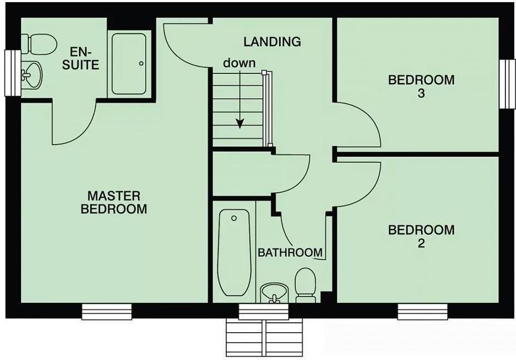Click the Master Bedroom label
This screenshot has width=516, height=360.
114,202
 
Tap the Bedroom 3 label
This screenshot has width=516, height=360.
421,86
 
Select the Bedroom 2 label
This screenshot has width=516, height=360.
421,236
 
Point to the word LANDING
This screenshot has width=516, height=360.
272,42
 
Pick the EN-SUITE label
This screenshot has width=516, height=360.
85,58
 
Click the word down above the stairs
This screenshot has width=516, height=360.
239,63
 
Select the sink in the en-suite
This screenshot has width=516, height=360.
32,75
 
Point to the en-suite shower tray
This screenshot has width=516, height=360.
129,63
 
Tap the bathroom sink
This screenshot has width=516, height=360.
274,292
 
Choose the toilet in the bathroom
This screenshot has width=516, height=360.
305,284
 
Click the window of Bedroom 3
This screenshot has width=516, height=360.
507,84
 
